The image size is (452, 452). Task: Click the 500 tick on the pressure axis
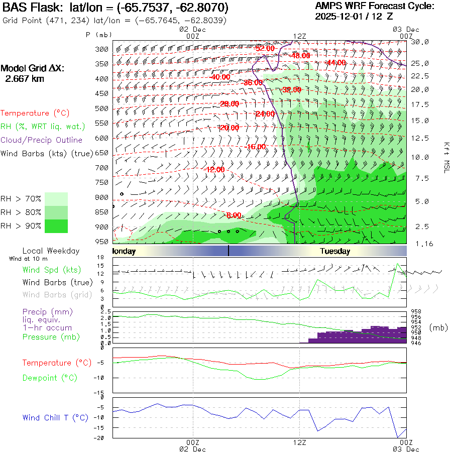(x=102, y=108)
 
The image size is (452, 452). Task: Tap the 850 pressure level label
(x=102, y=212)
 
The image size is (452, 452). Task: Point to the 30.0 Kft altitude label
(x=420, y=42)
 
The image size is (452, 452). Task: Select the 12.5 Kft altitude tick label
(x=420, y=138)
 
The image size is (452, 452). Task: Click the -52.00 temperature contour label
(x=265, y=48)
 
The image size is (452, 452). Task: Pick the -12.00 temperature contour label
(x=214, y=170)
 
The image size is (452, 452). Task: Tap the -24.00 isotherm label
(x=265, y=114)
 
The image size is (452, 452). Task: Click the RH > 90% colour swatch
(x=56, y=226)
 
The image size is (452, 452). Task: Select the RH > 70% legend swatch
(x=56, y=199)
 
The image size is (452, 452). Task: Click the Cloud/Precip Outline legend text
(x=42, y=140)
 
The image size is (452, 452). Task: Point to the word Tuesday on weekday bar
(x=335, y=251)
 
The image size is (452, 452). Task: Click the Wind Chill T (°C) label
(x=55, y=418)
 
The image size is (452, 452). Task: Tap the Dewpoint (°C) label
(x=47, y=378)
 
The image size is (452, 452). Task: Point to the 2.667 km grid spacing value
(x=25, y=79)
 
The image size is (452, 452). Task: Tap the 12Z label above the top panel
(x=299, y=36)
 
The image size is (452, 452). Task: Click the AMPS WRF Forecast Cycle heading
(x=374, y=6)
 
